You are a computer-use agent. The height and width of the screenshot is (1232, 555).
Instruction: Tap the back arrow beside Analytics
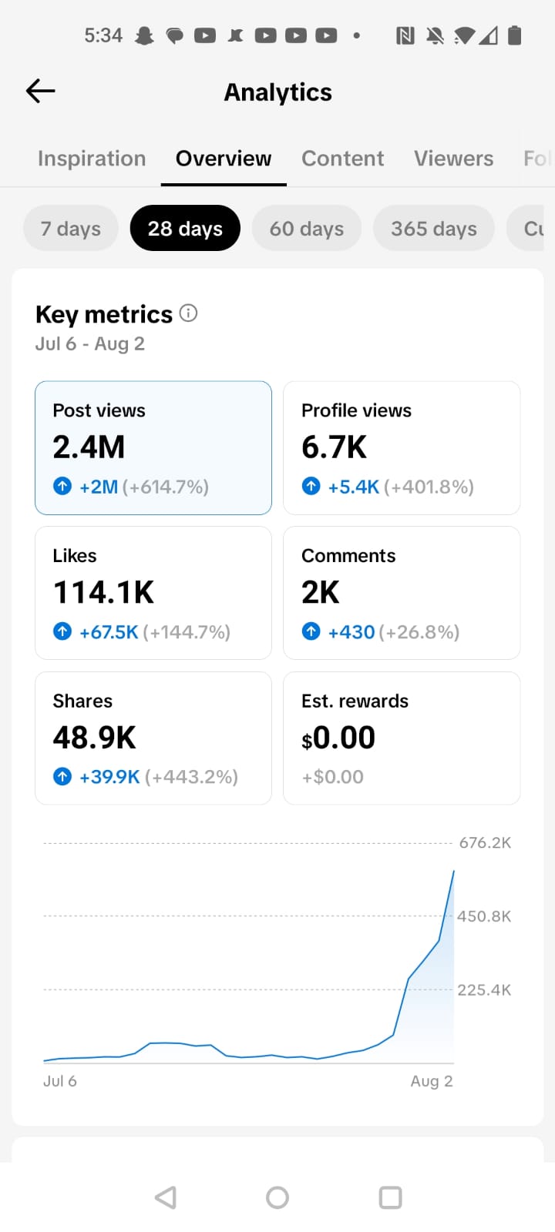[x=40, y=91]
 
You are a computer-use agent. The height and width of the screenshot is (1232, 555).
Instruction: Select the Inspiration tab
[x=92, y=159]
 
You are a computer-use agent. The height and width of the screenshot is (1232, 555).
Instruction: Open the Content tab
[x=342, y=159]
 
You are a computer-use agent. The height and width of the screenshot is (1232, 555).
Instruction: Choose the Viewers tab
[x=454, y=159]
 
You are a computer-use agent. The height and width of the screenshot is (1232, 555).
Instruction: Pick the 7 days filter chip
[x=71, y=228]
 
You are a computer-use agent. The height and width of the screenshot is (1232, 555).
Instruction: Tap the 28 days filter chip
[x=185, y=228]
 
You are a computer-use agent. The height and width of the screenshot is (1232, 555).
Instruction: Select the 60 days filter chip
[x=307, y=228]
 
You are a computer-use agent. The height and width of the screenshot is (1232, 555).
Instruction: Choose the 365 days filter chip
[x=434, y=228]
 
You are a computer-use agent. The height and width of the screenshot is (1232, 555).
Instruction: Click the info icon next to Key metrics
[x=188, y=313]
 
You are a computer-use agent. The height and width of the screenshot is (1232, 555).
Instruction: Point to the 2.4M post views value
[x=89, y=447]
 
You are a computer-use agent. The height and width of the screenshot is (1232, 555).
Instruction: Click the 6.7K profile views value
[x=334, y=447]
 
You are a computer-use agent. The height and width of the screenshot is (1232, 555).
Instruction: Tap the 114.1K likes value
[x=103, y=592]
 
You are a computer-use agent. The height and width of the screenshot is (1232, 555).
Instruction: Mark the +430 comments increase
[x=351, y=632]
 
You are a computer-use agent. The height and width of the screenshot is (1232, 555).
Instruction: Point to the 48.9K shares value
[x=94, y=738]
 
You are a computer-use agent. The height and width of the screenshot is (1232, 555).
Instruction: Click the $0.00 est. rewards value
[x=338, y=738]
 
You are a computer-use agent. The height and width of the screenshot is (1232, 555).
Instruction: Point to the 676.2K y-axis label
[x=485, y=842]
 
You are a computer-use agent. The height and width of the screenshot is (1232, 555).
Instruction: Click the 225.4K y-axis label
[x=484, y=990]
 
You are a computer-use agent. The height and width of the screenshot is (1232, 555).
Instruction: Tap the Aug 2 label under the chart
[x=432, y=1081]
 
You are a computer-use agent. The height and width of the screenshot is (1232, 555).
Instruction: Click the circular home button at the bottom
[x=277, y=1197]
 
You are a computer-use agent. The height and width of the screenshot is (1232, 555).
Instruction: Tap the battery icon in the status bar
[x=514, y=35]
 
